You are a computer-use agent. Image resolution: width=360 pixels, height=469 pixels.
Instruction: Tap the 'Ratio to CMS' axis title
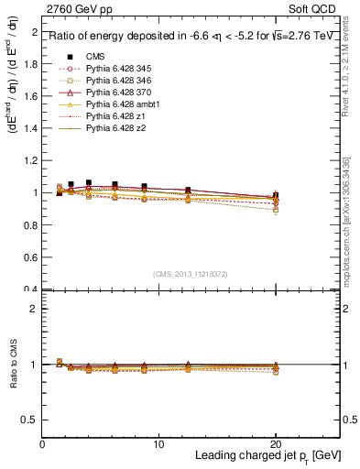click(13, 365)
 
